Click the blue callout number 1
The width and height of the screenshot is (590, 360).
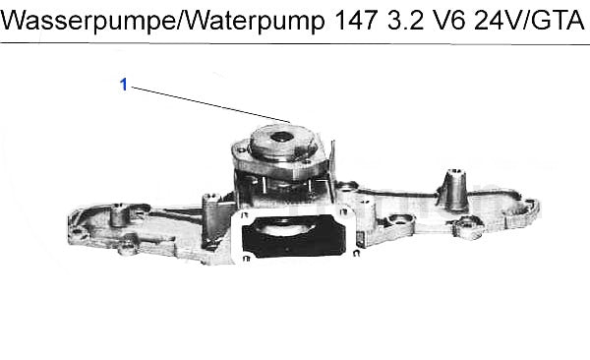(124, 85)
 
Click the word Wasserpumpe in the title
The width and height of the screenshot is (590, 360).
(88, 20)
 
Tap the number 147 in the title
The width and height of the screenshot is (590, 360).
(356, 20)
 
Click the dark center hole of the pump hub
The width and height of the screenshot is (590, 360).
(281, 137)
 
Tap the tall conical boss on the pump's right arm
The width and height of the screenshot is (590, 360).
(453, 190)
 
